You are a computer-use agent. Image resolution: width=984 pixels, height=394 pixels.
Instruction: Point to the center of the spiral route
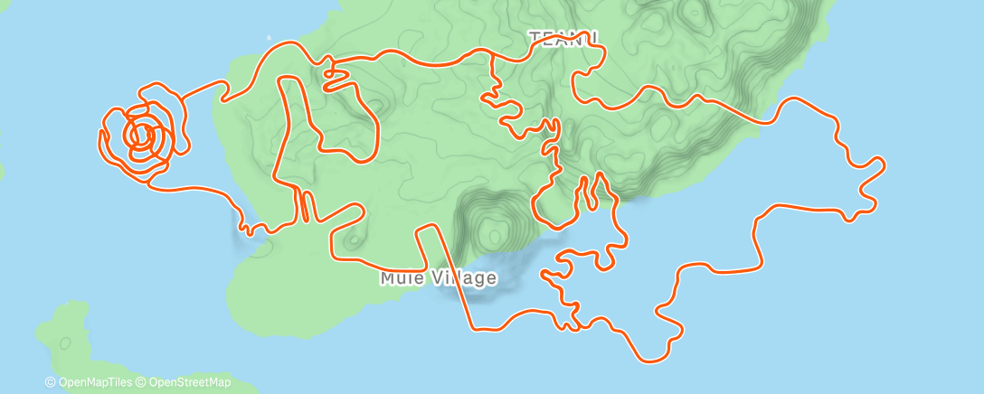click(x=141, y=136)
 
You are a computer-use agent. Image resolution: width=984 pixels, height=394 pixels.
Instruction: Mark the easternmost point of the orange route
click(x=883, y=164)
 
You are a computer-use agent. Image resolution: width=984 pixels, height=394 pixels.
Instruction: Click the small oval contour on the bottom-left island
click(x=65, y=342)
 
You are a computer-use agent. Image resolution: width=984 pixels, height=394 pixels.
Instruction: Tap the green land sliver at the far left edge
click(x=3, y=172)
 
